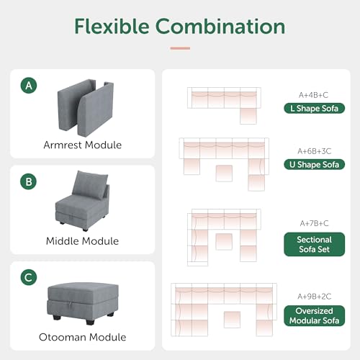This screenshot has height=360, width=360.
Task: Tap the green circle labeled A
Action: coord(29,86)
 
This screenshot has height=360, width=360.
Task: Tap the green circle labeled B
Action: coord(29,182)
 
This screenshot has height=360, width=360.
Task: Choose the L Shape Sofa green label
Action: coord(313,108)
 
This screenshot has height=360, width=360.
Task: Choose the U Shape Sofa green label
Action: coord(313,164)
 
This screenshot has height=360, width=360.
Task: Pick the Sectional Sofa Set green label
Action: coord(313,244)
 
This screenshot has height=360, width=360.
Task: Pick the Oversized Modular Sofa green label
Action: coord(313,315)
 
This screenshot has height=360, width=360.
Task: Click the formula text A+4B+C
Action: coord(313,94)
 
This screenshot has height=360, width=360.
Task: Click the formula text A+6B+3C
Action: coord(313,150)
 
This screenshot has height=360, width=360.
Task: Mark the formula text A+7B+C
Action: coord(313,222)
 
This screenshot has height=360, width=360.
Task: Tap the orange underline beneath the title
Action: coord(180,48)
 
